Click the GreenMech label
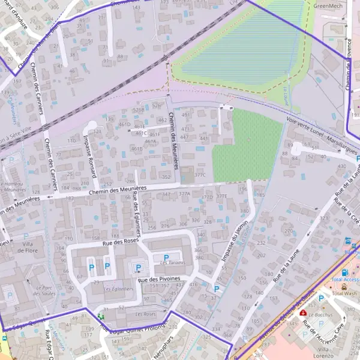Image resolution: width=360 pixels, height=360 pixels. pos(328,5)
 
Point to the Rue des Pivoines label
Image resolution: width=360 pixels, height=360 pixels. pos(158,280)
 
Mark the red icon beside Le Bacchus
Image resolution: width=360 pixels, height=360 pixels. pos(303,313)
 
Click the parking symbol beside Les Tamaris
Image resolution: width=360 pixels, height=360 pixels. pos(166,257)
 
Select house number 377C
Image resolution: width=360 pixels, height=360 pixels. pos(200,175)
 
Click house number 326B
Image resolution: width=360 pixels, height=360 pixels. pos(139,110)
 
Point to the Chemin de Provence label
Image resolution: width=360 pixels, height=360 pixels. pos(347,66)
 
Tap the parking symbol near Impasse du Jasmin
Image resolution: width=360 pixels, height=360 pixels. pos(217,289)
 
